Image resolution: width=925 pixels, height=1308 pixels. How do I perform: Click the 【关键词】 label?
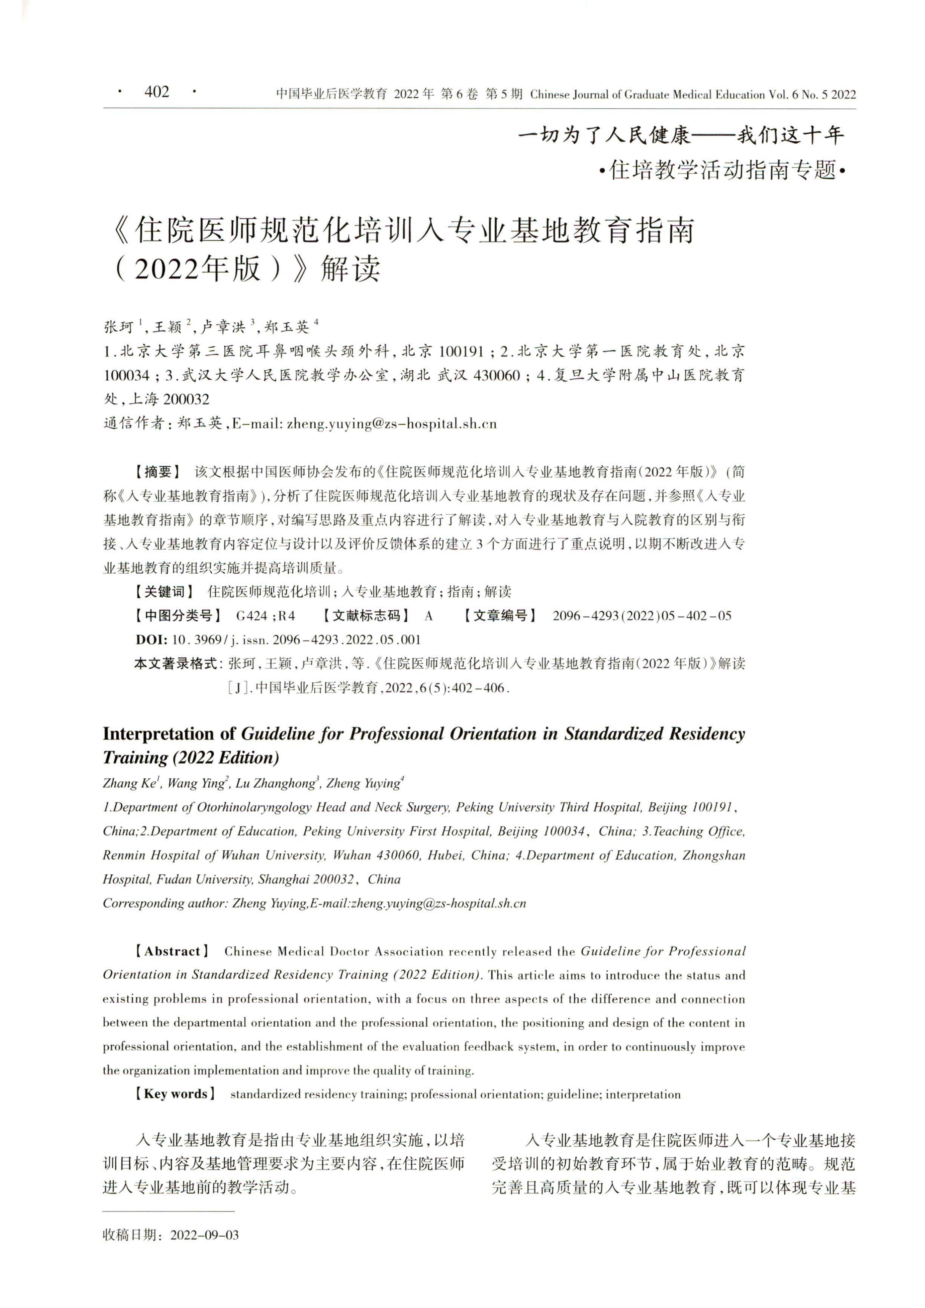163,591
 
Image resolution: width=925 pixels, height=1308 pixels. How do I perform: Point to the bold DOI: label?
151,639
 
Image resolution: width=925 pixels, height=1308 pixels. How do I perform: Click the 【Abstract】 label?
171,951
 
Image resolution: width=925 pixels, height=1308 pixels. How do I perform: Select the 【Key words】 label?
174,1094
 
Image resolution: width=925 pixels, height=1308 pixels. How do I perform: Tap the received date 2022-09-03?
205,1235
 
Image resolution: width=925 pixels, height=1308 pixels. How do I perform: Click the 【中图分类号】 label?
177,615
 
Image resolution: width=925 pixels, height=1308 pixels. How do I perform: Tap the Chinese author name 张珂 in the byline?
119,327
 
